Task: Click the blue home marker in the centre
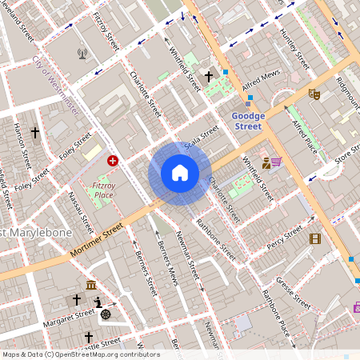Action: [180, 173]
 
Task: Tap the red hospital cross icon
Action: [113, 161]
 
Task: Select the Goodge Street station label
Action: [247, 121]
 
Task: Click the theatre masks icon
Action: [314, 94]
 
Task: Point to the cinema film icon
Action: [315, 238]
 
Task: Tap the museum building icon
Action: [91, 286]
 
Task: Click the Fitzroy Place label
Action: [104, 189]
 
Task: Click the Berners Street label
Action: [144, 272]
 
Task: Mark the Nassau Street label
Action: [82, 206]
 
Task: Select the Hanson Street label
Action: [22, 147]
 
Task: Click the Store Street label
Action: [349, 151]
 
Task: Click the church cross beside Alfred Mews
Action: [210, 78]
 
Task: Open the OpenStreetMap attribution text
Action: [81, 354]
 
